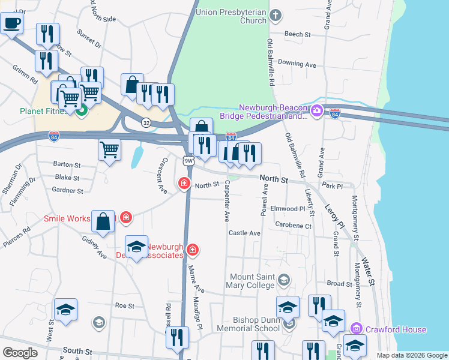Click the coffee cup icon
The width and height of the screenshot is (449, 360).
point(11,24)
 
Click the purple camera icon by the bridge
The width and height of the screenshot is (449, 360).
point(317,110)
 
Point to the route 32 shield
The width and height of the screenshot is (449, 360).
point(146,122)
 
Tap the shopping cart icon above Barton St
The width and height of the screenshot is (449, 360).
point(109,150)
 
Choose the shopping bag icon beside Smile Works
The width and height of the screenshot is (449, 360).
point(104,221)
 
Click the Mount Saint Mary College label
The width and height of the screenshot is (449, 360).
point(252,281)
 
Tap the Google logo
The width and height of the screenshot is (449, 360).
point(19,353)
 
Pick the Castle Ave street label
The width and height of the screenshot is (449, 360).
point(244,233)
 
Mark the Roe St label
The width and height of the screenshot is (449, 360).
point(124,305)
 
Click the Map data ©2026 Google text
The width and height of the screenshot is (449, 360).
point(411,355)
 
